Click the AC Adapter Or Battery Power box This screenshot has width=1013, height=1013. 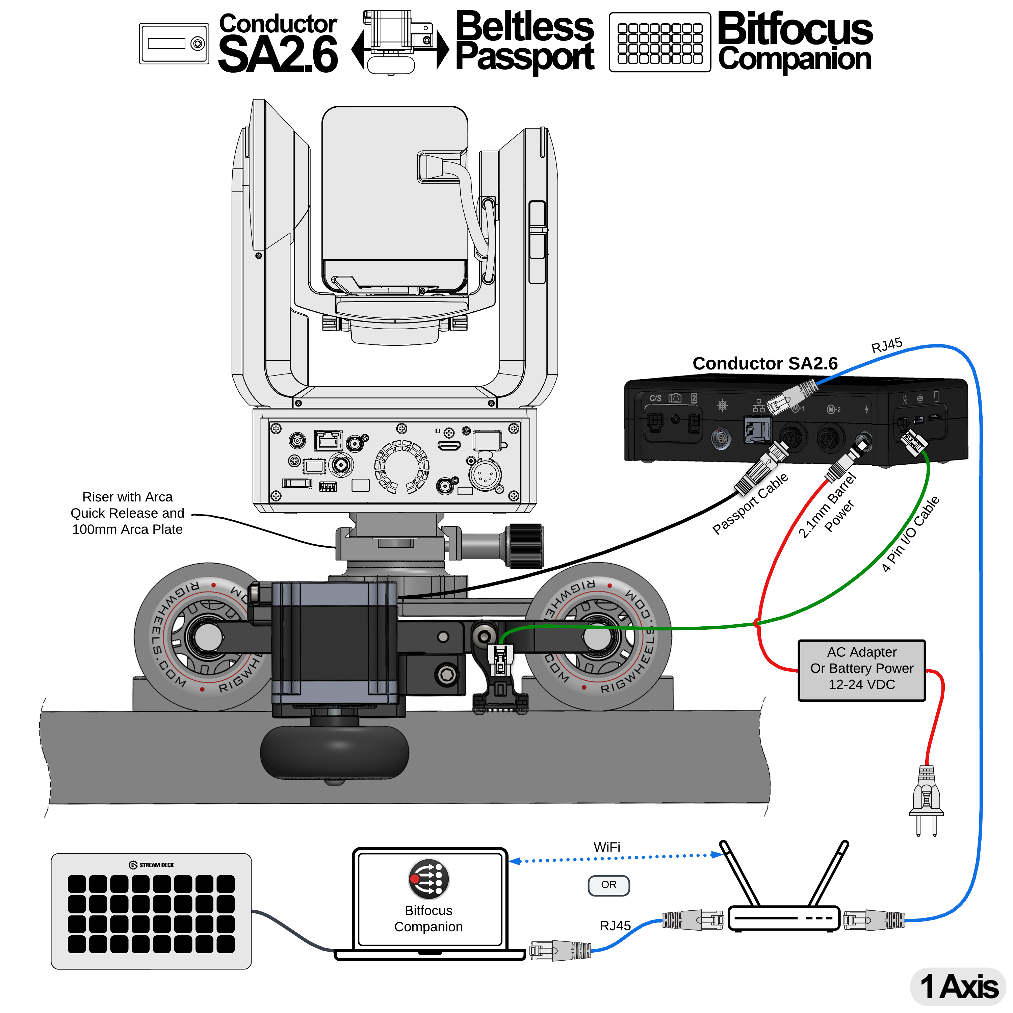click(x=861, y=670)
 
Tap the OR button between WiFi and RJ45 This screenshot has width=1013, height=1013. click(x=608, y=885)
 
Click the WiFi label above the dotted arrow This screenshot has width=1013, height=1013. click(x=607, y=847)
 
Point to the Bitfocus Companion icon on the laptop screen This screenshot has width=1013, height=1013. click(x=428, y=879)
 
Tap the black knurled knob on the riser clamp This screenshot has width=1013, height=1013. click(x=526, y=546)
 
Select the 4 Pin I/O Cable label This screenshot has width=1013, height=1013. click(x=910, y=534)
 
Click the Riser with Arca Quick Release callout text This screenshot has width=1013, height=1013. click(x=127, y=513)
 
